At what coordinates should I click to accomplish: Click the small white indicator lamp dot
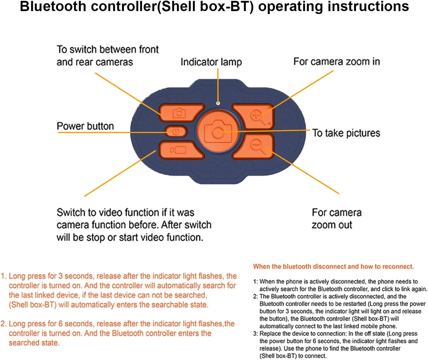[x=218, y=103]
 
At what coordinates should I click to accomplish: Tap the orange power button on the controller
[x=176, y=132]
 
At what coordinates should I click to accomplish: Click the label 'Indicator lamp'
[x=211, y=62]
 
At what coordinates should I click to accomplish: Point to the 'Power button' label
[x=85, y=126]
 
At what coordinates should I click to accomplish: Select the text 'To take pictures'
[x=346, y=133]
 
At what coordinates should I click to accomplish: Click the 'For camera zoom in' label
[x=336, y=62]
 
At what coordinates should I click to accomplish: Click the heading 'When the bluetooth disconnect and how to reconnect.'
[x=333, y=266]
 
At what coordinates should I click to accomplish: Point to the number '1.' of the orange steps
[x=4, y=276]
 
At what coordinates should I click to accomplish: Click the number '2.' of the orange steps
[x=4, y=324]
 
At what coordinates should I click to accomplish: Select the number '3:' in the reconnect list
[x=255, y=334]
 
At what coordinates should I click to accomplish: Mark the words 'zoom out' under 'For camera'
[x=332, y=225]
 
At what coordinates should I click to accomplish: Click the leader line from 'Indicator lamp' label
[x=218, y=85]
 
